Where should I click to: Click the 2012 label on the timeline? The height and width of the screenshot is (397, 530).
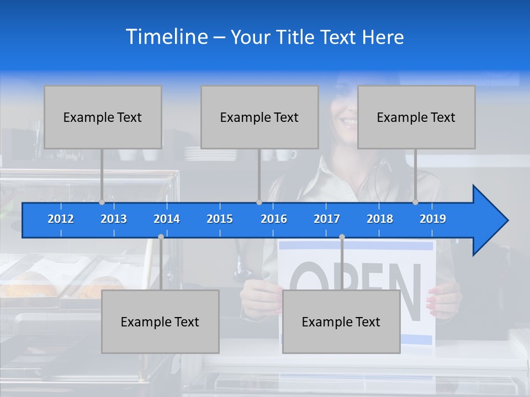(x=61, y=219)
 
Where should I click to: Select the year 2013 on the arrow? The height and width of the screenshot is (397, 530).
(x=114, y=219)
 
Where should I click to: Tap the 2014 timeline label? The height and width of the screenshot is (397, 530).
(x=167, y=219)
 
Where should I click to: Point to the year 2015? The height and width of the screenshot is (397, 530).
(x=220, y=219)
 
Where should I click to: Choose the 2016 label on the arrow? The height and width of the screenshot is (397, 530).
(x=274, y=219)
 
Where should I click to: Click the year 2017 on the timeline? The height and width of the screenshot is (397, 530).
(x=327, y=219)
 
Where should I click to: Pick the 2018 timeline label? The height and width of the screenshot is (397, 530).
(x=380, y=219)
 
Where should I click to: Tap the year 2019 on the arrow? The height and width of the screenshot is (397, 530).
(x=433, y=219)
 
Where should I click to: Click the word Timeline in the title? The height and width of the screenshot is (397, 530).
(x=167, y=36)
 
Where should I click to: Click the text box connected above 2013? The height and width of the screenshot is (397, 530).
(x=103, y=117)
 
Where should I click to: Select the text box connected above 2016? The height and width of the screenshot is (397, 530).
(x=259, y=117)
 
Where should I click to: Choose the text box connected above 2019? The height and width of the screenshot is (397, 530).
(x=416, y=117)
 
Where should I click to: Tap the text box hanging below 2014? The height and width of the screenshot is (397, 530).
(x=160, y=321)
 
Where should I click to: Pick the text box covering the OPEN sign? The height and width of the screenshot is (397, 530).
(x=341, y=321)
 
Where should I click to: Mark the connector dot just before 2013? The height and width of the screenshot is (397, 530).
(x=102, y=202)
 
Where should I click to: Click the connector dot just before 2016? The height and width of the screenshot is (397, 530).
(x=259, y=202)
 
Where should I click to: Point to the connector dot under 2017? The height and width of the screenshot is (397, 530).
(x=342, y=237)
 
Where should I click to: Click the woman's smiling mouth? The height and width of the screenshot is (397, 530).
(x=349, y=121)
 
